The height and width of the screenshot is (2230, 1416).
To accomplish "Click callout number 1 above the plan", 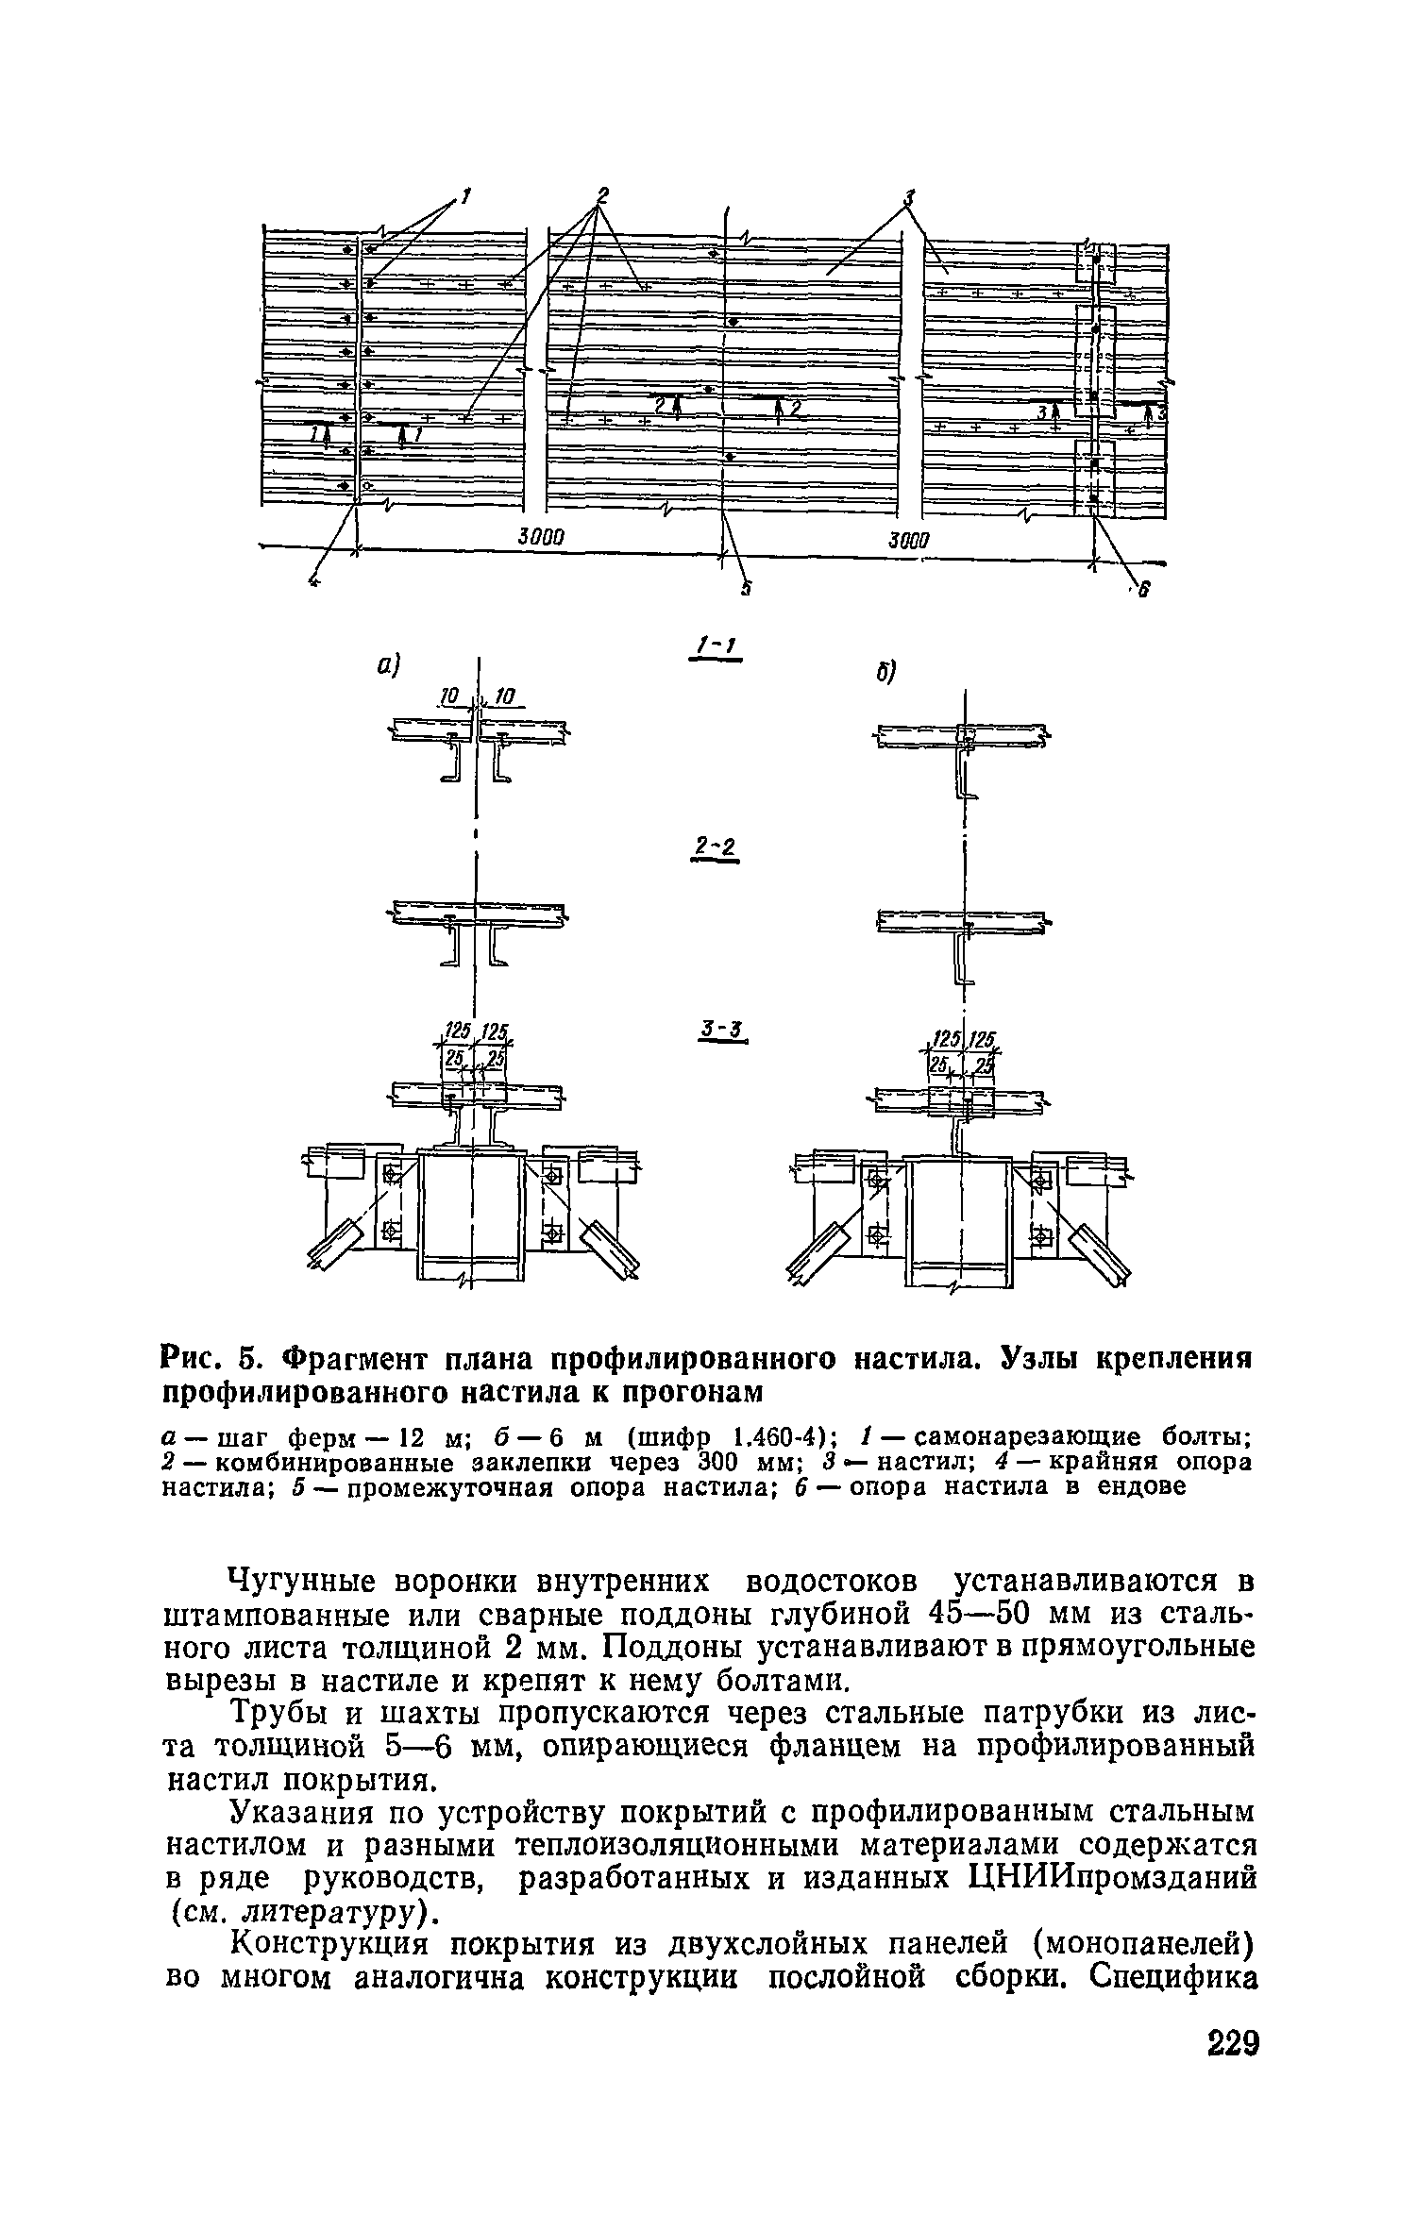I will point(464,195).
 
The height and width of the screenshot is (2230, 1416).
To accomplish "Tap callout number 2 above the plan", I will point(602,194).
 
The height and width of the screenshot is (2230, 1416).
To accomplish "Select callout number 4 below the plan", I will point(314,582).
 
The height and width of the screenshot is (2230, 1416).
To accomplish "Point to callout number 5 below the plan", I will point(746,588).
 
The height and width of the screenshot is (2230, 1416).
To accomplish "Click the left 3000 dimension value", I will point(541,537).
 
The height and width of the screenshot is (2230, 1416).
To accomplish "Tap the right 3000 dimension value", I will point(907,540).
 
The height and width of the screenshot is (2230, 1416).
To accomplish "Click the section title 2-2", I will point(716,849).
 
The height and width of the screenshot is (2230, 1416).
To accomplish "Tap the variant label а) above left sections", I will point(389,667).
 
